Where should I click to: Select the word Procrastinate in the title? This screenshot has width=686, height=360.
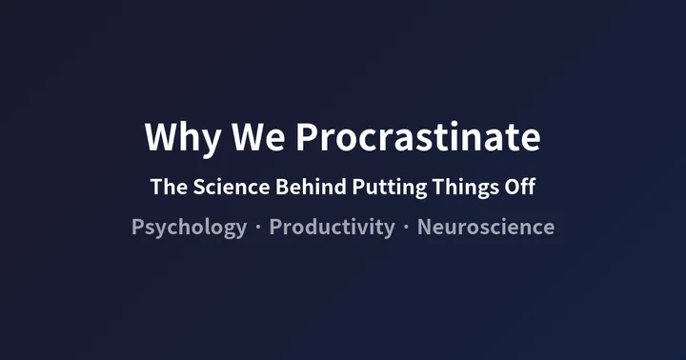click(x=417, y=138)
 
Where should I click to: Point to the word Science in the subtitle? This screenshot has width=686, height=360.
click(x=232, y=188)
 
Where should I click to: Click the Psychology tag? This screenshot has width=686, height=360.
click(x=189, y=229)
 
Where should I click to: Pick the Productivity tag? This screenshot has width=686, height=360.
click(x=332, y=229)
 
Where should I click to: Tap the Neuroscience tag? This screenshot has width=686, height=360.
click(x=486, y=229)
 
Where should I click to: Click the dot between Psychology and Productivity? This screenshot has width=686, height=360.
click(x=257, y=229)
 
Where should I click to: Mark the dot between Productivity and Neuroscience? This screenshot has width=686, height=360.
click(x=406, y=229)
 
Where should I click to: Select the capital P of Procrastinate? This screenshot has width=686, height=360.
click(x=305, y=138)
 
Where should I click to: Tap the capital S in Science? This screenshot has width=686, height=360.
click(x=200, y=188)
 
